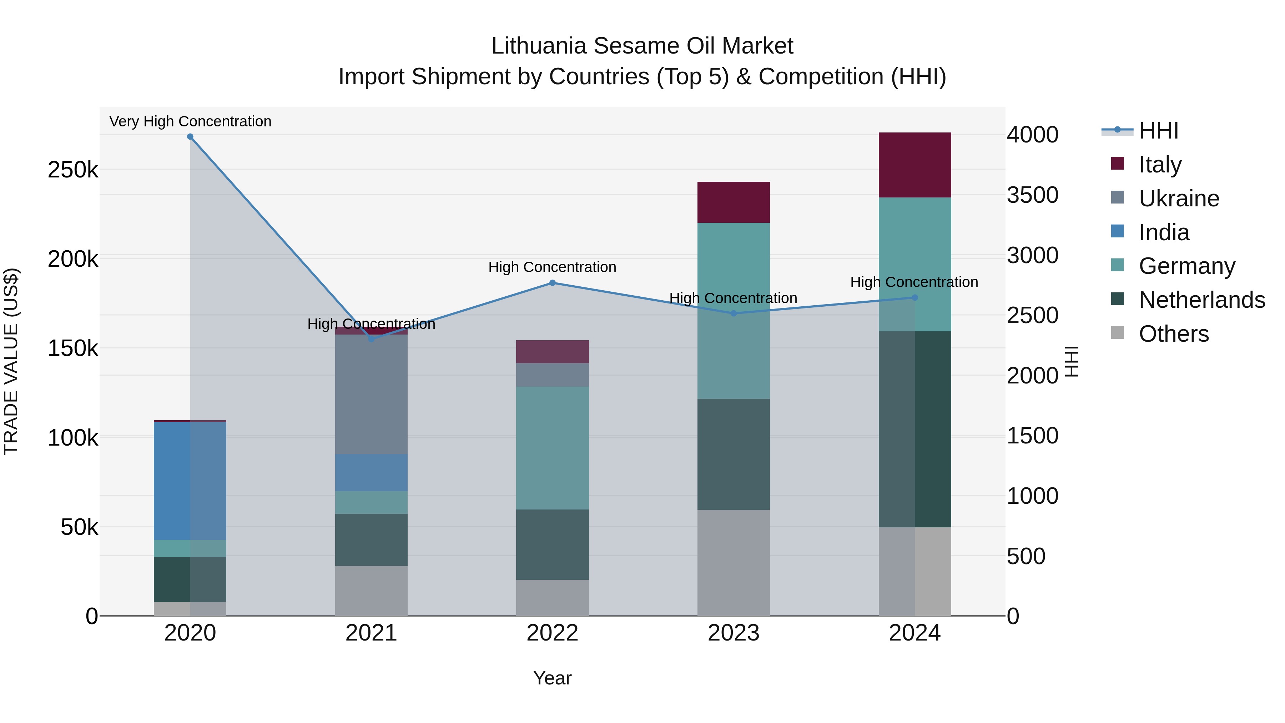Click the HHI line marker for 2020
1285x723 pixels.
pos(190,137)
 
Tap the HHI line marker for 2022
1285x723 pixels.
pos(552,283)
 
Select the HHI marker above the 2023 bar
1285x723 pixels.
pos(733,313)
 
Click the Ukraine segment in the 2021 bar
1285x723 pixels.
pos(371,394)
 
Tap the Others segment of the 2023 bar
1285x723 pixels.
pos(733,562)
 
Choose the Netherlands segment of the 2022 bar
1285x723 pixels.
pos(552,544)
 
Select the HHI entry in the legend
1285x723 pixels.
pos(1158,131)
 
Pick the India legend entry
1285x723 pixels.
pos(1164,232)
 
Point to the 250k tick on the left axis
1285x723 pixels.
pos(73,170)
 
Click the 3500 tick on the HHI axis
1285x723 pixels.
pos(1032,195)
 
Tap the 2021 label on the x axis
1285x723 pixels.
pos(371,633)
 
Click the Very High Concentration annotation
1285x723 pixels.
pos(190,121)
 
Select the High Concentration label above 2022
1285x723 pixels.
pos(552,267)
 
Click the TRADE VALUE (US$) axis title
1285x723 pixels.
pos(11,361)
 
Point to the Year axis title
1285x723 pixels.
pos(552,678)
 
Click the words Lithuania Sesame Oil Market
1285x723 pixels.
pos(642,46)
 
